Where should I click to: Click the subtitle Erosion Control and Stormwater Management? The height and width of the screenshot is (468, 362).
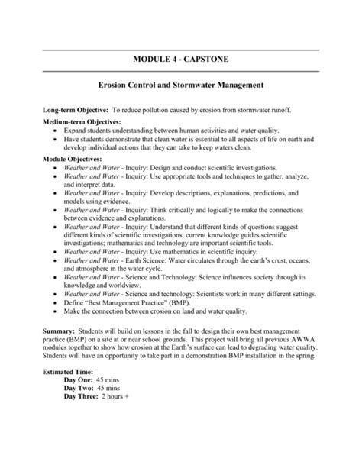pos(181,89)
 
